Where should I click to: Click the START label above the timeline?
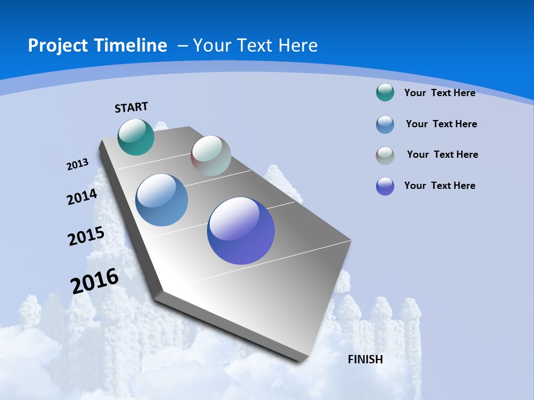coord(131,107)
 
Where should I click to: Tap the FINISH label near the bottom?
coord(365,359)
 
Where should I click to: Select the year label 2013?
coord(78,164)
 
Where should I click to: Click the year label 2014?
coord(82,197)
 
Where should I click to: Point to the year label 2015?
coord(86,236)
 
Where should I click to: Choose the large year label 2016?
coord(95,281)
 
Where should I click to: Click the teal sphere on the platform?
coord(136,137)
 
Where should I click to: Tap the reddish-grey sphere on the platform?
coord(211,156)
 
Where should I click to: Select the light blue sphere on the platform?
coord(162,200)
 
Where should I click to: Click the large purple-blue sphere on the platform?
coord(241,231)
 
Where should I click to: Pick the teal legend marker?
coord(385,92)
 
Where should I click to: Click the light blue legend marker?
coord(385,124)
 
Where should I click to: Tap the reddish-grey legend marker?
coord(385,156)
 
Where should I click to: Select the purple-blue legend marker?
coord(385,186)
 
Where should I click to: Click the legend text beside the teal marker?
coord(439,93)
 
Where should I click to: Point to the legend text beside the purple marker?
coord(439,186)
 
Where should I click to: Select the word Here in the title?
coord(298,46)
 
